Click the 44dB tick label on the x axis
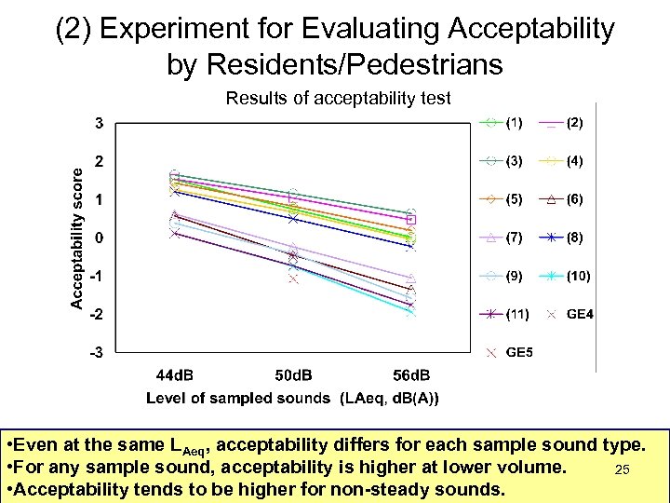tap(177, 375)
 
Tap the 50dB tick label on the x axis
tap(294, 375)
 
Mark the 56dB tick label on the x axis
tap(410, 375)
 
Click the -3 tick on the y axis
tap(96, 352)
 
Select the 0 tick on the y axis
tap(99, 238)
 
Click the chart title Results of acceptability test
tap(339, 98)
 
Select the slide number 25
tap(623, 470)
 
